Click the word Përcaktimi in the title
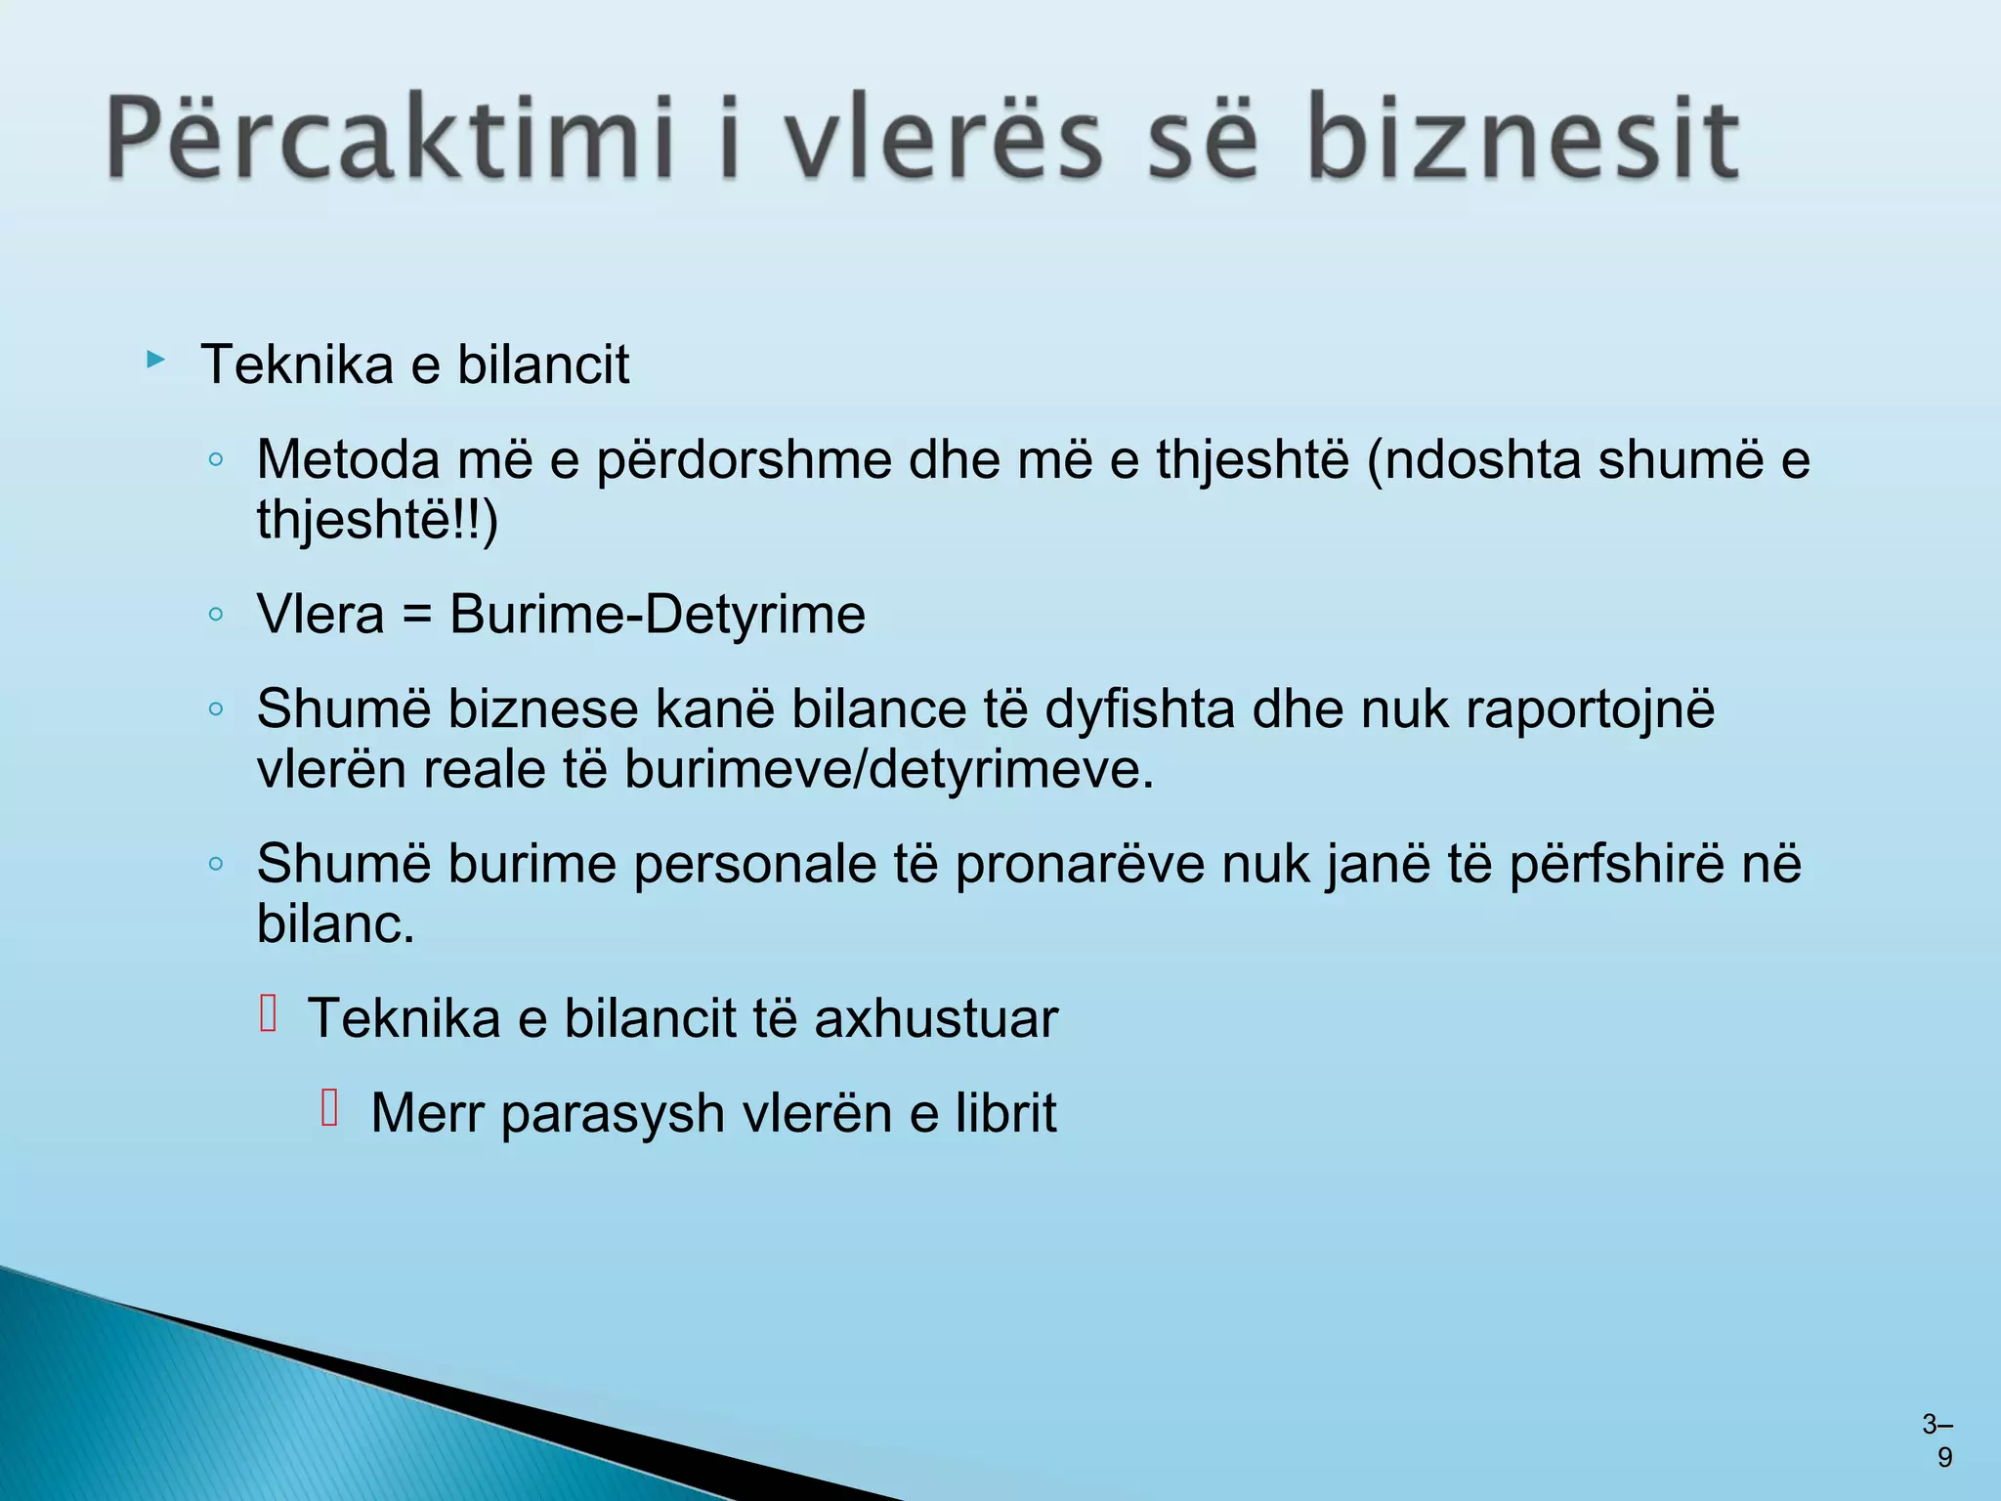391,139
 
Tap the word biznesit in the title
1522,139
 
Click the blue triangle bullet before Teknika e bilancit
155,361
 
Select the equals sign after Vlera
416,616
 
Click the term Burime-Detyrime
657,615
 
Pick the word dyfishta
1139,708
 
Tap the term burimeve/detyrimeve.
888,770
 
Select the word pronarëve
1080,865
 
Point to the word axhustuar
935,1019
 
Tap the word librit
1005,1113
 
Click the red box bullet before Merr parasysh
329,1108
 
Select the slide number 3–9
1937,1440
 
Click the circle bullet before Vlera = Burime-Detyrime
217,615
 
